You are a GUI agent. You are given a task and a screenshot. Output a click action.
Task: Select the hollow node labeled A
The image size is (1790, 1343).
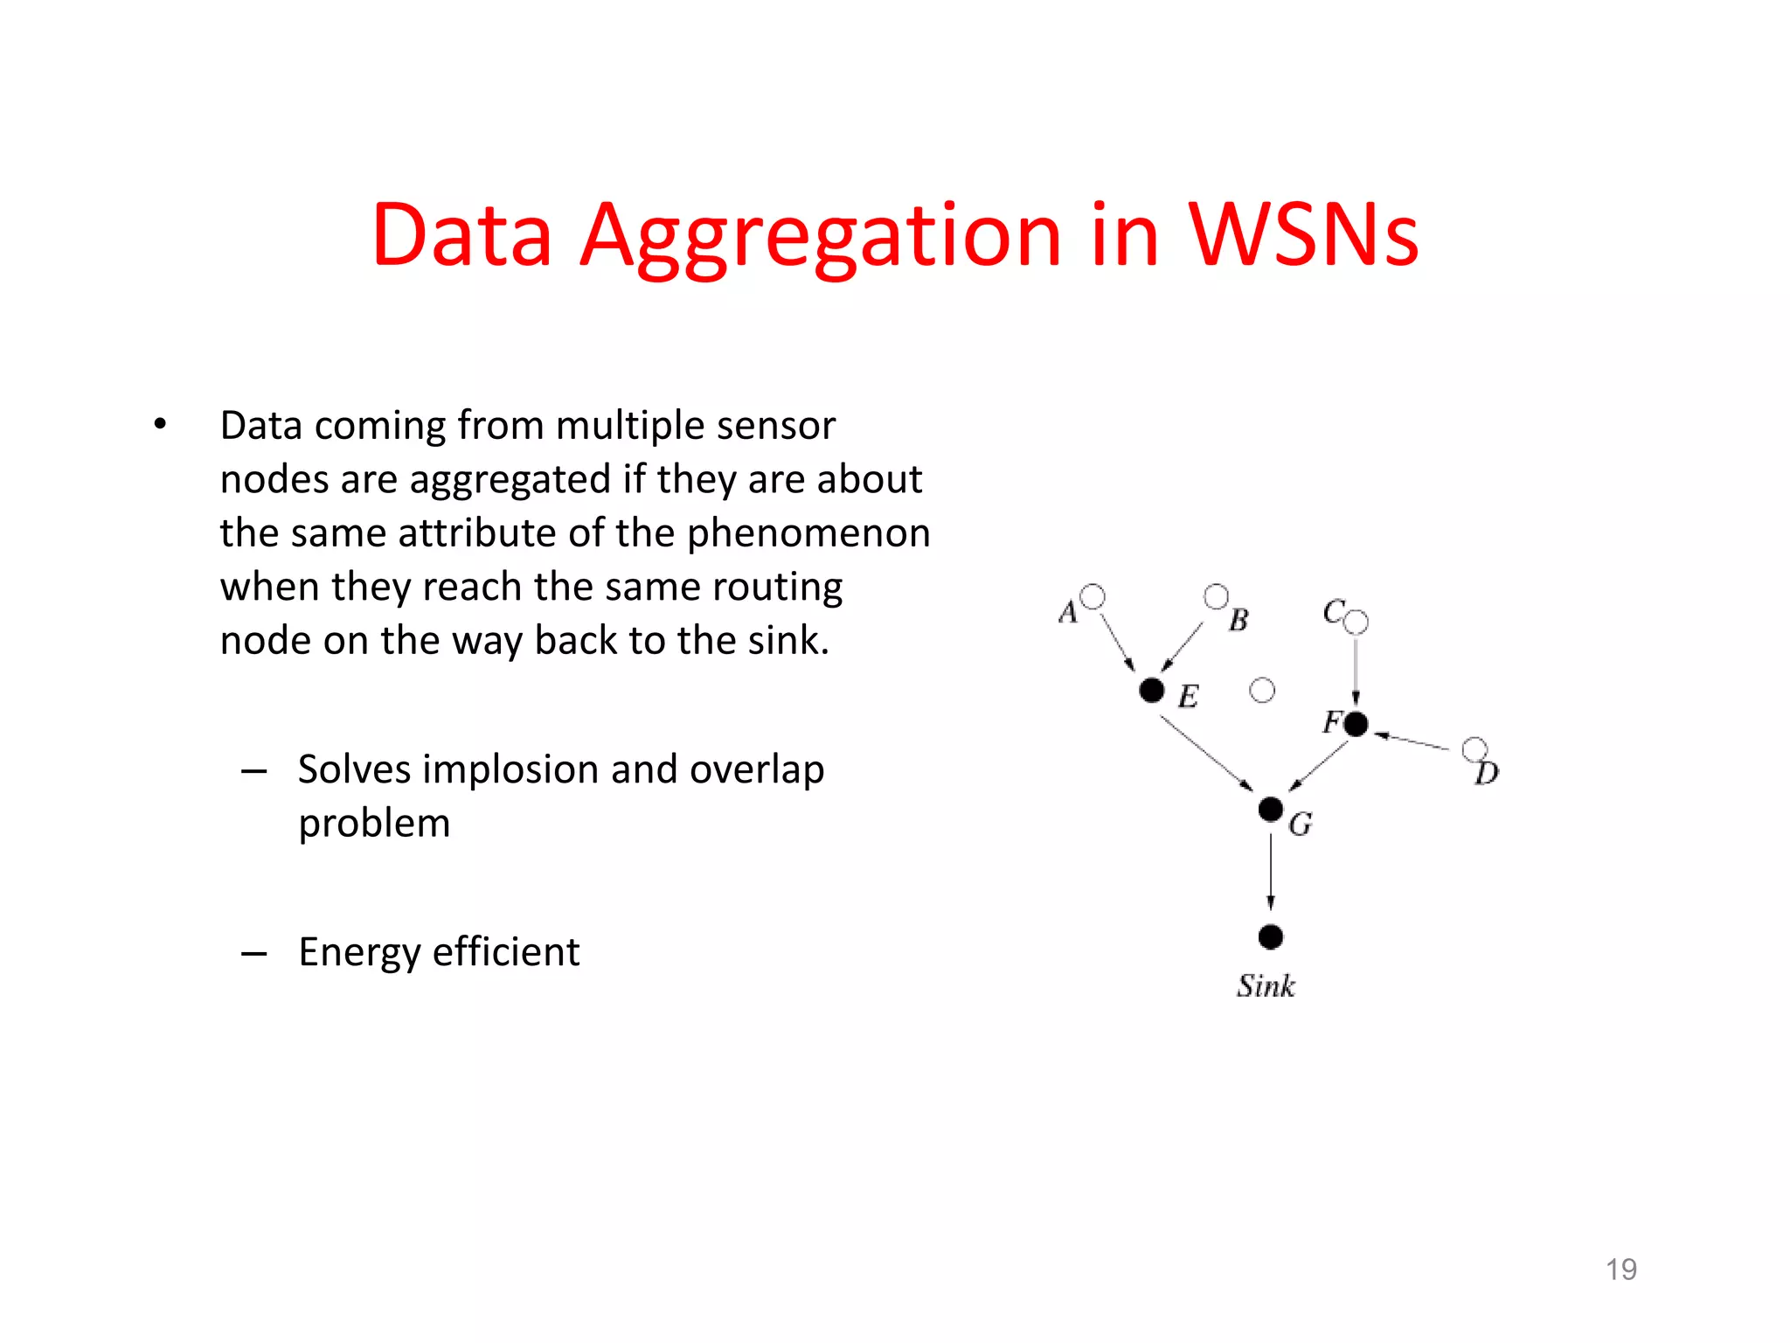[x=1093, y=596]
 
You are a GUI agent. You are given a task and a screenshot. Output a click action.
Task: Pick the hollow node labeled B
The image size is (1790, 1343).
[x=1216, y=596]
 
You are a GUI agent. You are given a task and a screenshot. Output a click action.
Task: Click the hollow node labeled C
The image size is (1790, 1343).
[x=1356, y=623]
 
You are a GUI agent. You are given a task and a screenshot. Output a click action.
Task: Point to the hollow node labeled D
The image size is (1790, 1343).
[x=1474, y=749]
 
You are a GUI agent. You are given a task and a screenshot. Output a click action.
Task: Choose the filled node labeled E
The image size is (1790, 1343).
[x=1152, y=690]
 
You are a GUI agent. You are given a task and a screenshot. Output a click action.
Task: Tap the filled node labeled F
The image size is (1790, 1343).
[x=1356, y=724]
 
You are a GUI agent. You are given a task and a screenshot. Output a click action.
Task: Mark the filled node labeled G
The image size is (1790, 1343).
[x=1271, y=809]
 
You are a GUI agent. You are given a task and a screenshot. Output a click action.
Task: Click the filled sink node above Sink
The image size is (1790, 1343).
[x=1271, y=937]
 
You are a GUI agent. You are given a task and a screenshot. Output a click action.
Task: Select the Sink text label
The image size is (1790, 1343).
[x=1266, y=986]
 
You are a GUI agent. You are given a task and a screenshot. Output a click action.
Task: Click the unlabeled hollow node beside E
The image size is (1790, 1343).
[x=1262, y=691]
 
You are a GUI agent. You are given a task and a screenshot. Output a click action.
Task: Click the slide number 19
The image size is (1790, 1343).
[x=1621, y=1269]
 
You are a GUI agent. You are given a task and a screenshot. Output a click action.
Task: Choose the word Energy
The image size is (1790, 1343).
[x=359, y=952]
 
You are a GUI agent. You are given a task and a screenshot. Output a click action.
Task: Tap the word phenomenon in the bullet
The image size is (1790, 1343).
[x=808, y=533]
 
